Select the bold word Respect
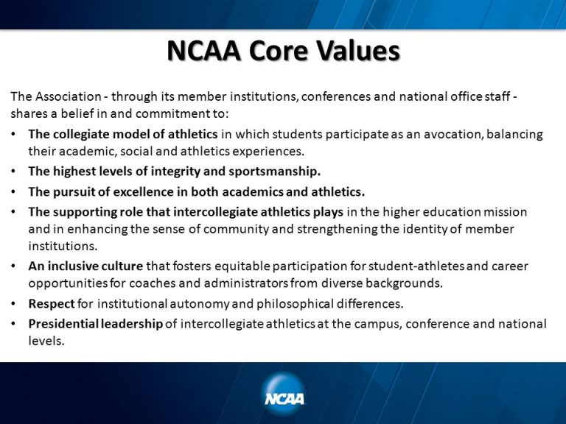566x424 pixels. [x=52, y=303]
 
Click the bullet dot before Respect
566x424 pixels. [x=15, y=303]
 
